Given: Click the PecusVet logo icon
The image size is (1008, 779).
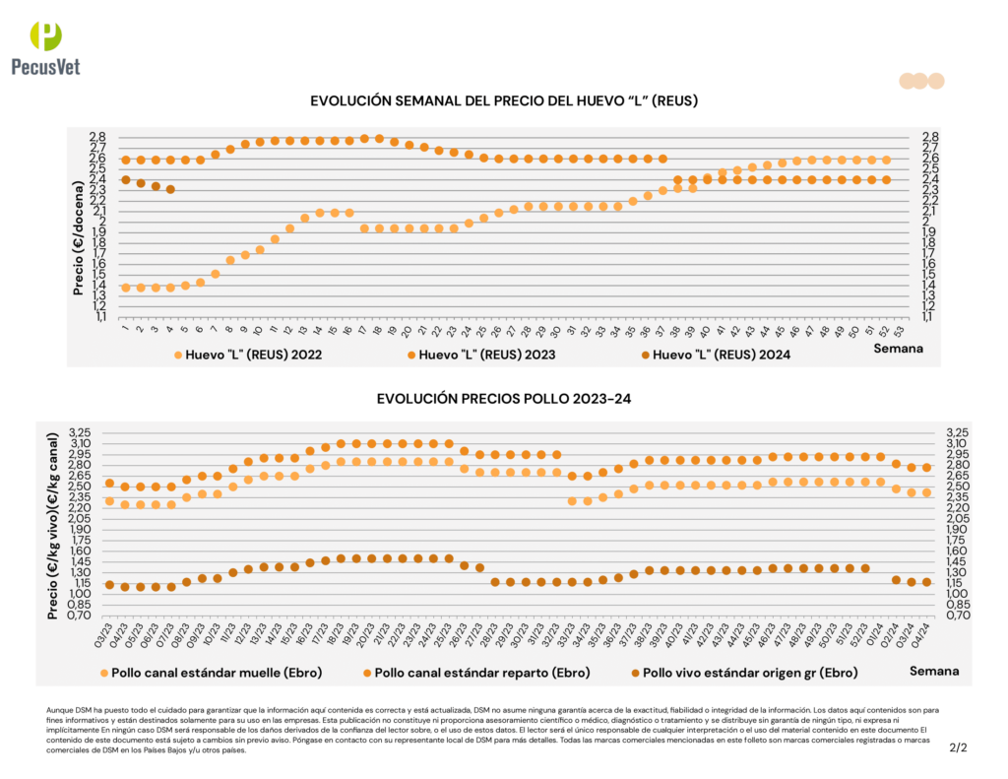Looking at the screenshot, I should click(x=45, y=35).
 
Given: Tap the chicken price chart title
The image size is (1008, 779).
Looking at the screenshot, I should click(x=504, y=399).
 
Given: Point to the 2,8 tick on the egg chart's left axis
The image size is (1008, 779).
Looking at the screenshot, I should click(x=97, y=137).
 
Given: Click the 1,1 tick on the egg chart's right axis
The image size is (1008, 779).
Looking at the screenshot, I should click(x=929, y=316).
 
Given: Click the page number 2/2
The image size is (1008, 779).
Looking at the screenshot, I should click(x=958, y=747).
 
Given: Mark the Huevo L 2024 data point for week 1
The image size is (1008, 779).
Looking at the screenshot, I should click(x=125, y=179).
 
